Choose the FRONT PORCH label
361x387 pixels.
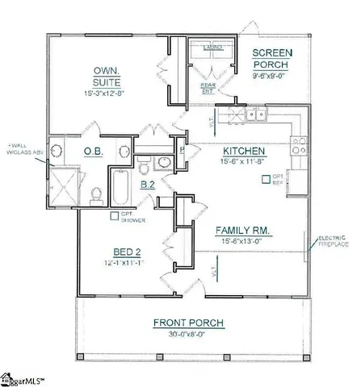pos(188,323)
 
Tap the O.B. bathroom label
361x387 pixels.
pos(92,151)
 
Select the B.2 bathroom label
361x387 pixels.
pos(148,185)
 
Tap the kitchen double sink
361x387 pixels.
pos(258,115)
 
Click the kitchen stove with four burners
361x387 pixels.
pos(296,158)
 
